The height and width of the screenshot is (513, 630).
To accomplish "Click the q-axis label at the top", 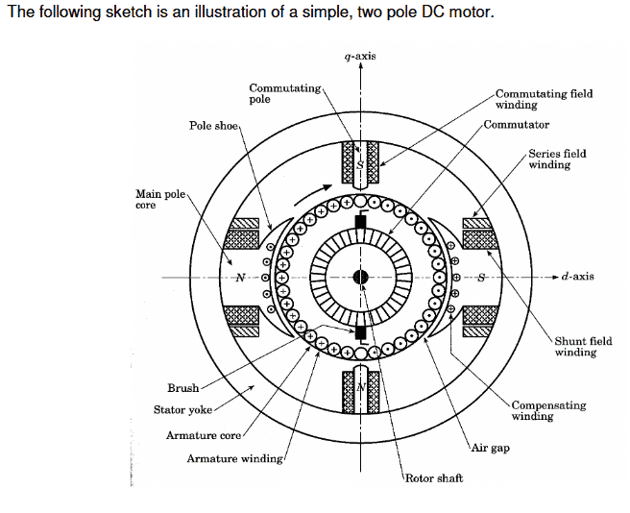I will (x=360, y=56).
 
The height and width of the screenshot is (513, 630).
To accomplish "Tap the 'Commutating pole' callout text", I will (x=284, y=93).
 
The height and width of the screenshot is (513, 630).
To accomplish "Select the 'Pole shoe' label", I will (x=212, y=126).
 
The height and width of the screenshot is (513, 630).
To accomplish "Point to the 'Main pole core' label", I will (x=159, y=199).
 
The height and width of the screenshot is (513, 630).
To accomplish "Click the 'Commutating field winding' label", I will (x=544, y=99).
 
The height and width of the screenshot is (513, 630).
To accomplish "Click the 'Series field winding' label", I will (x=557, y=159).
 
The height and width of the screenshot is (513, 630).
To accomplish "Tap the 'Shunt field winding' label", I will (x=583, y=346).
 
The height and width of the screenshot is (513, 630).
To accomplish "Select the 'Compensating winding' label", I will (x=548, y=410).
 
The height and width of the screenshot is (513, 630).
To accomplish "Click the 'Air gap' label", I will (x=490, y=449).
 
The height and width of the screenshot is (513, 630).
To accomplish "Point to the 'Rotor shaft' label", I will (x=434, y=477).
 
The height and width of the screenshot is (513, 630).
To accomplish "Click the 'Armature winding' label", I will (x=234, y=458).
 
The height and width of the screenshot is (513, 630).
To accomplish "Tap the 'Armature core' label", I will (x=204, y=435).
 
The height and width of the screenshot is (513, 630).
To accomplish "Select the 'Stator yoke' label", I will (x=183, y=410).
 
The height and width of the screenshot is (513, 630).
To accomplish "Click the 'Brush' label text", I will (x=182, y=388).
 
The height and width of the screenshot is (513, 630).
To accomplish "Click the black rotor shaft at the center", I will (x=360, y=278).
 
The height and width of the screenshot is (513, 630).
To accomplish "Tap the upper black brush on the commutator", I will (x=360, y=222).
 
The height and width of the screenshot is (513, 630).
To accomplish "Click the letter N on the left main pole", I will (x=240, y=278).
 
